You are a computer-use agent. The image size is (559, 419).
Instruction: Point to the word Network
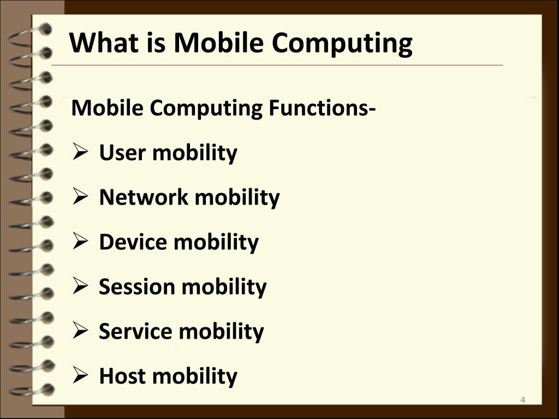pos(143,197)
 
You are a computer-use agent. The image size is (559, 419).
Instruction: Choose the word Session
pos(136,286)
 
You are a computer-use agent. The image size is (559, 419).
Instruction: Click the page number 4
pos(522,401)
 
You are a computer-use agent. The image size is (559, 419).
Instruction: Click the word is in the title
pos(155,43)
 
